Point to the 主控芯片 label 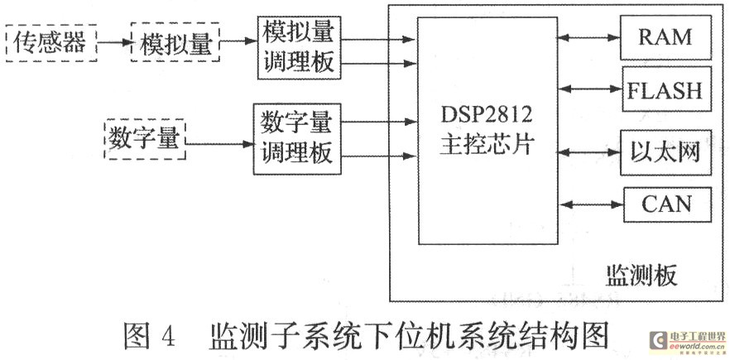tap(487, 145)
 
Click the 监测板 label tap(641, 276)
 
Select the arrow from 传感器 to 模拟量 tap(114, 42)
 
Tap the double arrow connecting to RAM tap(589, 38)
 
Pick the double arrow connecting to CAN tap(593, 204)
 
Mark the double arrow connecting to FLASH tap(590, 89)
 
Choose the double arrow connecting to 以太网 tap(590, 151)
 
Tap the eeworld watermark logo tap(689, 343)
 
